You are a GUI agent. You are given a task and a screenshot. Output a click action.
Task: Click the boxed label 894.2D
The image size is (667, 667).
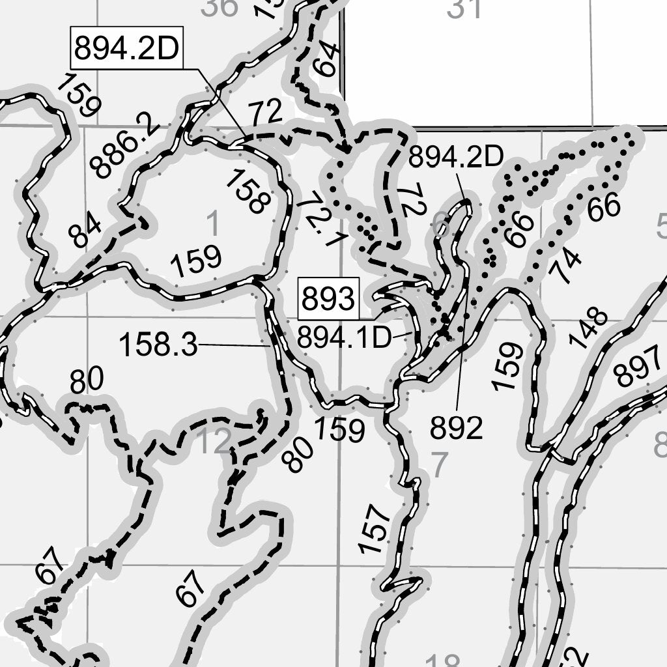coord(126,48)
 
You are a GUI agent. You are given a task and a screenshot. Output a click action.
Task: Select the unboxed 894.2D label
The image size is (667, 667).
coord(457,156)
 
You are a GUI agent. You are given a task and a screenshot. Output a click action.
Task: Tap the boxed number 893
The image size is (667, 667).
coord(329,300)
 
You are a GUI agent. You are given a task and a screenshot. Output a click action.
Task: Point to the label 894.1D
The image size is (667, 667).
coord(344,337)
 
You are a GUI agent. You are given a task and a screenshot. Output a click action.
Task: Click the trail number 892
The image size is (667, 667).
coord(456,428)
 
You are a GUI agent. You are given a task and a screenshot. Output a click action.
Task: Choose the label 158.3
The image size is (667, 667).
coord(158,345)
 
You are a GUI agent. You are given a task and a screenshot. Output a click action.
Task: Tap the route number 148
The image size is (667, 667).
coord(588,329)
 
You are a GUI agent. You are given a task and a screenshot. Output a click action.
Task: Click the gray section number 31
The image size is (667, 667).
coord(465,8)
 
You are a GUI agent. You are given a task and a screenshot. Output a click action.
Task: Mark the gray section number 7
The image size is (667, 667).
coord(440,465)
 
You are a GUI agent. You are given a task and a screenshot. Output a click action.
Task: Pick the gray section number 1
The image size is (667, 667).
coord(213,224)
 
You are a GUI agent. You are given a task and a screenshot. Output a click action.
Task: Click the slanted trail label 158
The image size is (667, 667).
coord(247,191)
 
